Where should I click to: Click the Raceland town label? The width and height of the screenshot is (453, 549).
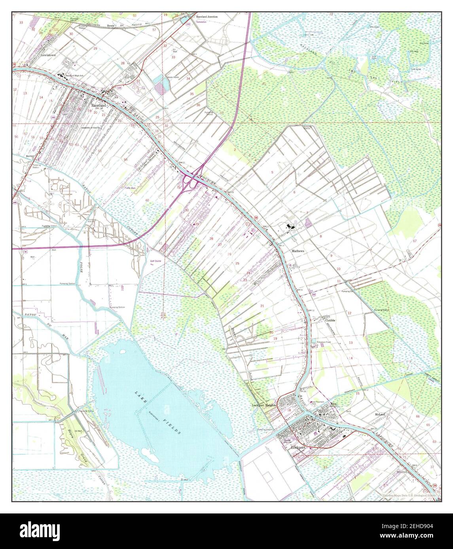[x=99, y=106]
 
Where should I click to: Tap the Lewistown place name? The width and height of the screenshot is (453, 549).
[x=48, y=56]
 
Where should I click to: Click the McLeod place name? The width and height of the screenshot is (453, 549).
[x=380, y=414]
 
